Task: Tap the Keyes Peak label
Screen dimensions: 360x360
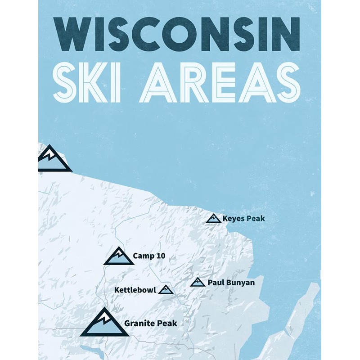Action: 243,219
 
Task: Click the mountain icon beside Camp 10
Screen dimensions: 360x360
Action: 119,256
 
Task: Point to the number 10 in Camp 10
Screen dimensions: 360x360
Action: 160,256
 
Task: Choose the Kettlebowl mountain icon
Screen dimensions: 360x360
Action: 166,289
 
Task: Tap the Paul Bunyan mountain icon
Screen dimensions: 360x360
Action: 198,283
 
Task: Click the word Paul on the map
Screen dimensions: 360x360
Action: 214,283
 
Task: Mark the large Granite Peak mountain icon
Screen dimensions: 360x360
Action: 104,323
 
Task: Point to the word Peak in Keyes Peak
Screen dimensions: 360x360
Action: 256,219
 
